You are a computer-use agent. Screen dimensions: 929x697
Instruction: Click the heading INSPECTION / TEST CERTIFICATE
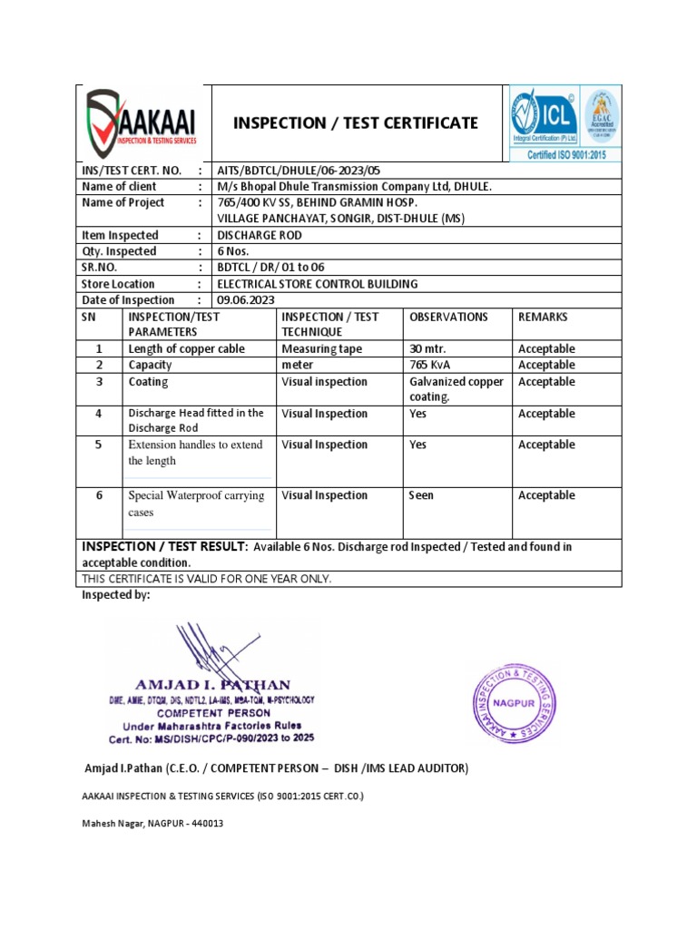point(357,122)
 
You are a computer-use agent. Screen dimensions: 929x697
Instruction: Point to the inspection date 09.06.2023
point(245,300)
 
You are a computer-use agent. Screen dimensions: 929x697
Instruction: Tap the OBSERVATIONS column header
point(448,318)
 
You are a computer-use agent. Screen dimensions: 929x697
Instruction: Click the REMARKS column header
point(543,318)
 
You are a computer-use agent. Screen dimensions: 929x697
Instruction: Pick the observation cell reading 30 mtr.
point(428,349)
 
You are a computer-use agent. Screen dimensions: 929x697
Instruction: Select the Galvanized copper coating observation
point(456,389)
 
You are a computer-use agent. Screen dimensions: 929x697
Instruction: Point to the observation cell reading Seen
point(422,495)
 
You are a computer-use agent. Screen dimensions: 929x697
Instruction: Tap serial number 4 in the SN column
point(100,414)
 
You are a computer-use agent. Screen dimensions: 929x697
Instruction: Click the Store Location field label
point(120,284)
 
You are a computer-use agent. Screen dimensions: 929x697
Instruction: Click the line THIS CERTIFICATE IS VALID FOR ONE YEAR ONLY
point(207,579)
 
